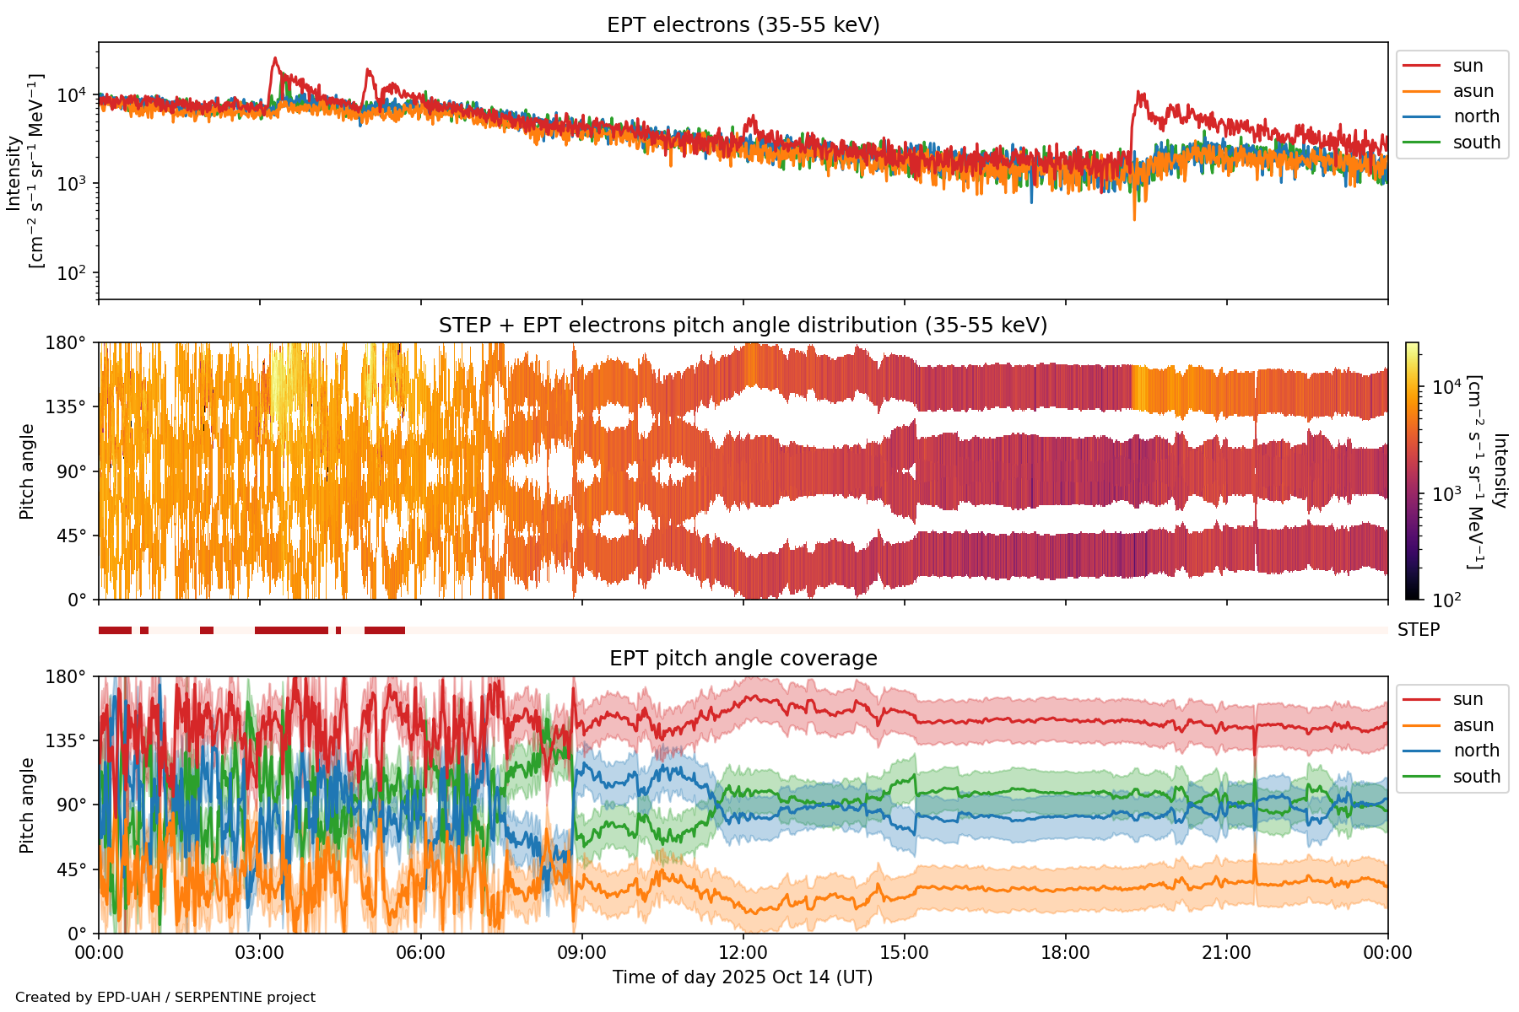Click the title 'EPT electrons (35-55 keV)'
coord(743,25)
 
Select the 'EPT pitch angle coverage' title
coord(743,659)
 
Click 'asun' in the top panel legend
coord(1473,91)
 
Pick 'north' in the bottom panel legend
coord(1476,751)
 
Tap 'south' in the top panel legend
coord(1476,143)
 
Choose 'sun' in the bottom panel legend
coord(1468,699)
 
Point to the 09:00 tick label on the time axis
coord(581,953)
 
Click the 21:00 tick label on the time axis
coord(1226,953)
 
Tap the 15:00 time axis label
coord(904,953)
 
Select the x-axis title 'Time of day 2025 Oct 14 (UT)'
coord(743,977)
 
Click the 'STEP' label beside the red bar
coord(1419,630)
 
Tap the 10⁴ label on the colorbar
coord(1447,386)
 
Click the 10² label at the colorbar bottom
coord(1447,600)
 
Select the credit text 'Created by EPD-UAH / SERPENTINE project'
coord(165,997)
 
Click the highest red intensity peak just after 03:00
coord(274,58)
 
